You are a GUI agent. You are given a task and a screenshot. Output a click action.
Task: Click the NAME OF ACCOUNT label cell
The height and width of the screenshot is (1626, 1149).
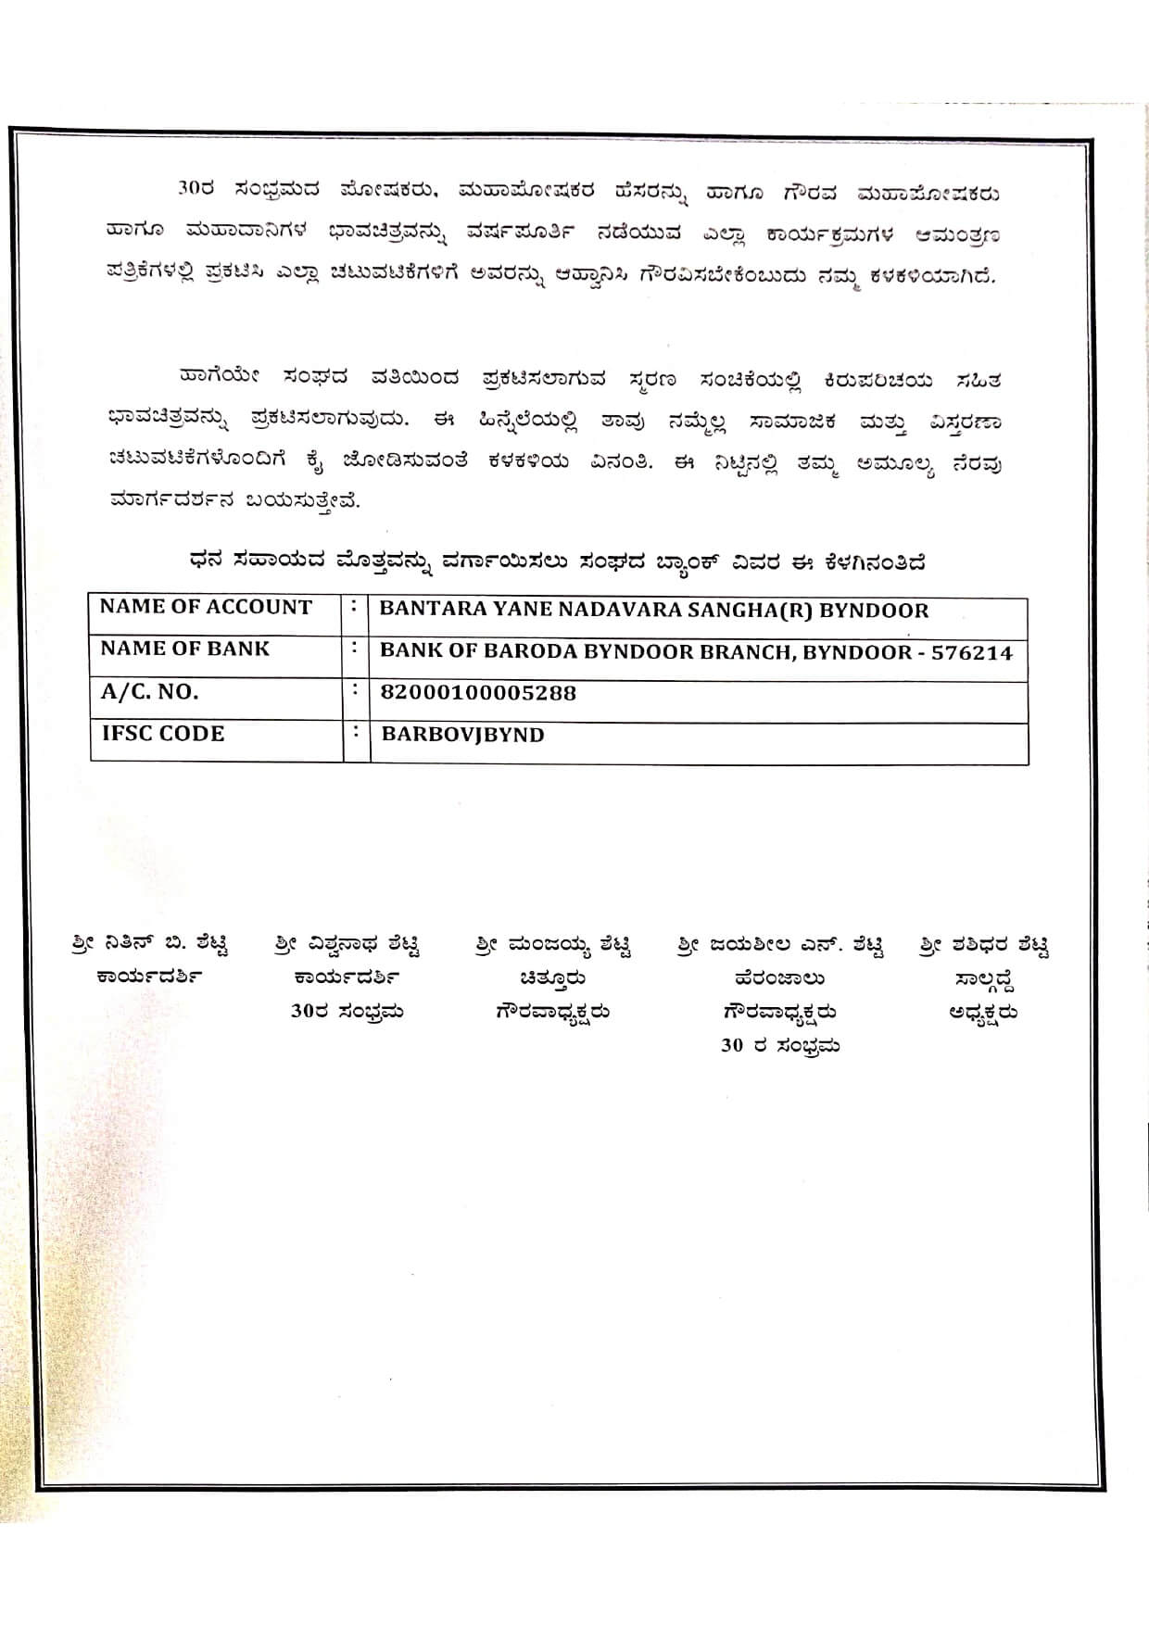pos(206,608)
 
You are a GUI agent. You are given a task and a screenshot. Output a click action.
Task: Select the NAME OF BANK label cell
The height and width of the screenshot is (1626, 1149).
pos(184,649)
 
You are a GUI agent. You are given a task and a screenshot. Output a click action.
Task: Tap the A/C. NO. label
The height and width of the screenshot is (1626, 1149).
pos(149,692)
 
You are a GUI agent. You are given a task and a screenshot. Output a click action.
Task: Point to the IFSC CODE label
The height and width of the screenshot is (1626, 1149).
pos(163,734)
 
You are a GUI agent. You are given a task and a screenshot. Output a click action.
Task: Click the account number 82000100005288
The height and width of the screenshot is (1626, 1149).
pos(478,693)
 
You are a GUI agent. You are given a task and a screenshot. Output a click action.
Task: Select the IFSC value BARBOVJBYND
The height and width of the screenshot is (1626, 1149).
pos(462,735)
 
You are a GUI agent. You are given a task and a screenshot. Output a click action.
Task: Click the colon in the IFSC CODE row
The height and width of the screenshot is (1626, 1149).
pos(355,732)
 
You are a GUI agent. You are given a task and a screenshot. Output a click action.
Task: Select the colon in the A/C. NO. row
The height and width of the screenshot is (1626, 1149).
pos(355,691)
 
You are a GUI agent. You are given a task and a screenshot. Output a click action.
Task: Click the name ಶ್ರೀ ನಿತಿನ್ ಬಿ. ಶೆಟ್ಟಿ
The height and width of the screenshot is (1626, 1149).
pos(150,945)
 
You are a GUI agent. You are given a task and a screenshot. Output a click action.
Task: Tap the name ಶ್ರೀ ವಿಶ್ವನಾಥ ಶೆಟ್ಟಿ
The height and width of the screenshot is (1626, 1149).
pos(347,945)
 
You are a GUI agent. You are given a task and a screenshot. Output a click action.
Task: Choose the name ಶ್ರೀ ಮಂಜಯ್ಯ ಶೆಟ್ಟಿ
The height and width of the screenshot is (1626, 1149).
pos(553,945)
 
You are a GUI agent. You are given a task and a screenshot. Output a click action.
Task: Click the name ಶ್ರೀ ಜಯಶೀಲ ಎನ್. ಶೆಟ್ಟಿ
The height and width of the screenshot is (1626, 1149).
pos(780,945)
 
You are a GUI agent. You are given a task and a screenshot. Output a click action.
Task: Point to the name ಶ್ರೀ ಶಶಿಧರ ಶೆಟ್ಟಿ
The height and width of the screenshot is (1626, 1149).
pos(984,945)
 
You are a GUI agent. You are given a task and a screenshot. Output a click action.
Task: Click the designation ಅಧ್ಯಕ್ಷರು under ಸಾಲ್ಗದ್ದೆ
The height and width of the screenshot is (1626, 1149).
pos(983,1013)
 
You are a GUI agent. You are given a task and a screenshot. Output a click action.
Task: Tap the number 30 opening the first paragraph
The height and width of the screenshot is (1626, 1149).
pos(188,190)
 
